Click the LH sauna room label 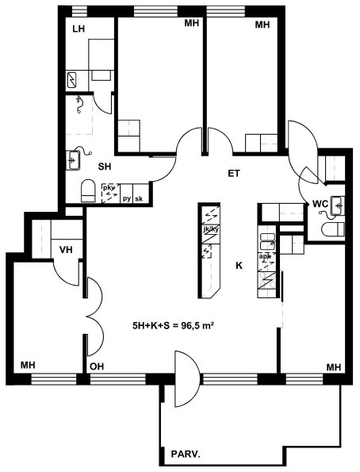tap(79, 29)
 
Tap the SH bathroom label tap(105, 167)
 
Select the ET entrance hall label tap(234, 174)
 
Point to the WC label tap(320, 204)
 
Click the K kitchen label tap(239, 266)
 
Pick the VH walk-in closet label tap(66, 250)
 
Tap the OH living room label tap(97, 366)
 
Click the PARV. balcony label tap(186, 454)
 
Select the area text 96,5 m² tap(197, 325)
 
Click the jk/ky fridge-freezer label tap(211, 229)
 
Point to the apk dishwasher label tap(265, 256)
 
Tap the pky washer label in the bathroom tap(109, 188)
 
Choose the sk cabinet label tap(139, 198)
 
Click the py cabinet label tap(127, 199)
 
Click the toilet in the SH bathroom tap(88, 191)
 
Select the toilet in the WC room tap(332, 229)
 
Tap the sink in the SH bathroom tap(73, 160)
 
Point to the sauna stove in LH tap(72, 80)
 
